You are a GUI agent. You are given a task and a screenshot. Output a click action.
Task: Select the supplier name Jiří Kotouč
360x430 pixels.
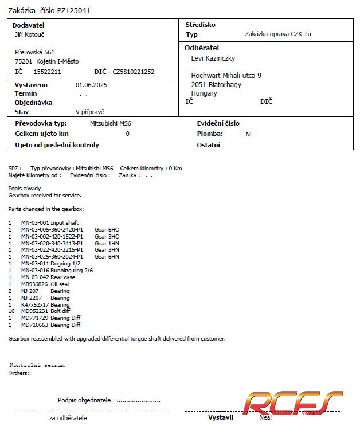[x=30, y=34]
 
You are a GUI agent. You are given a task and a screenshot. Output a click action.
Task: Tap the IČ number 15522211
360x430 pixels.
[x=48, y=72]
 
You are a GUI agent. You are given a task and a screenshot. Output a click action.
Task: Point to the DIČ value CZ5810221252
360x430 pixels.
[x=134, y=72]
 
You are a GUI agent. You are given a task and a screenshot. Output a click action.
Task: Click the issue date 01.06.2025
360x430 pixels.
[x=92, y=85]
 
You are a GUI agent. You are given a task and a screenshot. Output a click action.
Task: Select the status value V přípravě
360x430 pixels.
[x=90, y=112]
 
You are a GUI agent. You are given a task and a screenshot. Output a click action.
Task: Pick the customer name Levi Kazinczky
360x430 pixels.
[x=213, y=58]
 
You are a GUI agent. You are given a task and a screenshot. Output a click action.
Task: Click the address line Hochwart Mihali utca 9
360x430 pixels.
[x=226, y=75]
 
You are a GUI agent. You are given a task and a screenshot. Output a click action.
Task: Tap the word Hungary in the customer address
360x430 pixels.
[x=204, y=93]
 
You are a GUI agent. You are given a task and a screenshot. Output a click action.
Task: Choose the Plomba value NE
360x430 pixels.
[x=249, y=134]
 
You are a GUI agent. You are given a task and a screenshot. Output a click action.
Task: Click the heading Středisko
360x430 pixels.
[x=200, y=25]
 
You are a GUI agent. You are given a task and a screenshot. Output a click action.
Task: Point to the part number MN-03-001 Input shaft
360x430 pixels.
[x=50, y=222]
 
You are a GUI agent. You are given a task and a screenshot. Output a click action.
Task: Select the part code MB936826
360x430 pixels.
[x=34, y=284]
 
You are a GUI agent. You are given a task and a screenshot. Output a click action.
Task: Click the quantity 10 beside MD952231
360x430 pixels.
[x=11, y=311]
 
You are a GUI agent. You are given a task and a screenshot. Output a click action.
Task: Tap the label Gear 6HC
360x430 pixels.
[x=107, y=229]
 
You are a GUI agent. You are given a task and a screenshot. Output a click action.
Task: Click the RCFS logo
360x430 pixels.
[x=292, y=403]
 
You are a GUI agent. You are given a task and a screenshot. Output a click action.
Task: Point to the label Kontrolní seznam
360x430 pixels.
[x=37, y=365]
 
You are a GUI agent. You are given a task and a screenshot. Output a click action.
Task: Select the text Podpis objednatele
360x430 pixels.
[x=84, y=400]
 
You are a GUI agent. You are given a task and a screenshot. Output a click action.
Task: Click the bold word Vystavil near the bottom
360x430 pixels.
[x=220, y=417]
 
